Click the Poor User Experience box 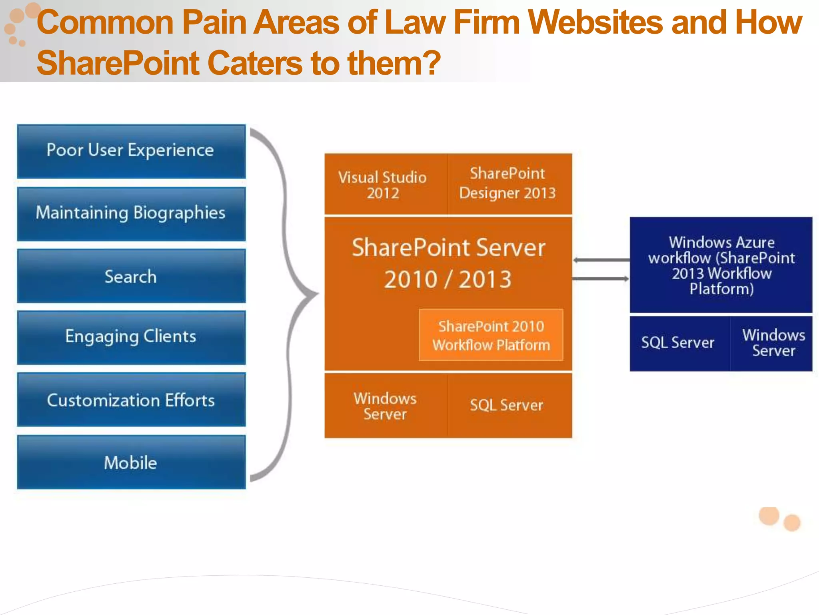131,151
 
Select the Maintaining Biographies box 131,214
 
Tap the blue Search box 131,276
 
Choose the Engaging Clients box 131,338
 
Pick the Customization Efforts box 131,400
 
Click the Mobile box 131,462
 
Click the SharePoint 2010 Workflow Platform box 491,335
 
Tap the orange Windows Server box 385,406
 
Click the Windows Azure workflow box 721,265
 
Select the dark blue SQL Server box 679,343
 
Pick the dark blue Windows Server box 773,343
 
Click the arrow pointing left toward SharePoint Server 600,260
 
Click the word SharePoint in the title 118,63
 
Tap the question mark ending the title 431,63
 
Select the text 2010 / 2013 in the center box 448,279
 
